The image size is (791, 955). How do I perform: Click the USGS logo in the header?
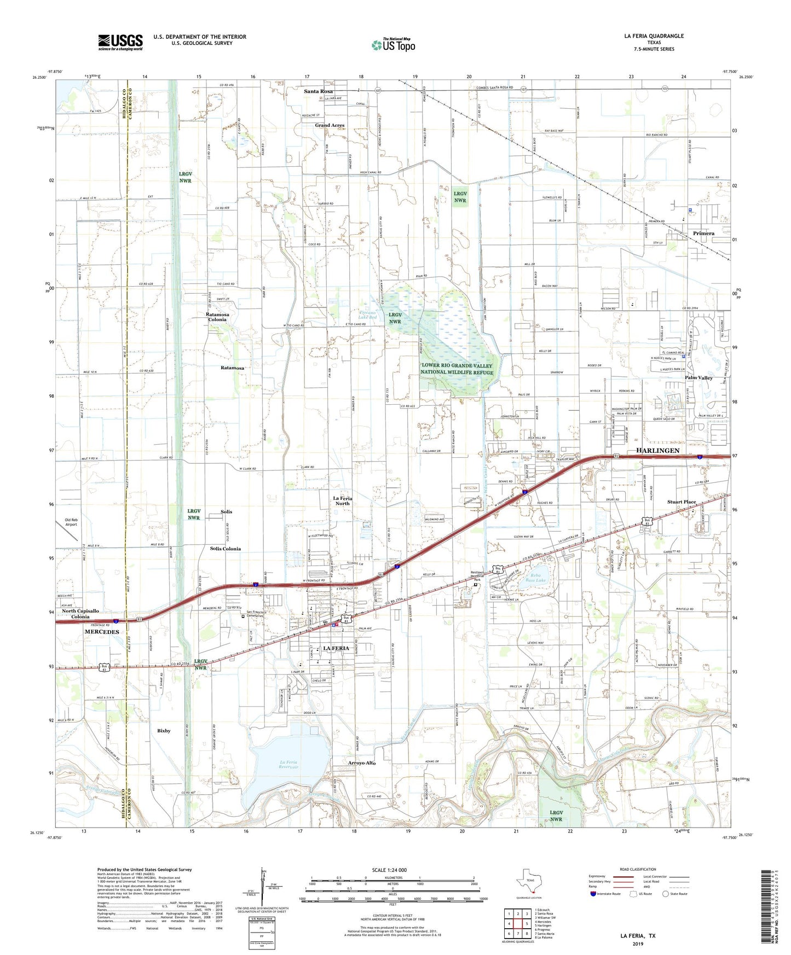pyautogui.click(x=120, y=42)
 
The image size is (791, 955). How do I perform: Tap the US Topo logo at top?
pyautogui.click(x=392, y=45)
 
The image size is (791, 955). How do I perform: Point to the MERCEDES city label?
pyautogui.click(x=102, y=632)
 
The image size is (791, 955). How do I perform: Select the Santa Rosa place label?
pyautogui.click(x=319, y=91)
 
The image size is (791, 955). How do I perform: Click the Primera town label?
pyautogui.click(x=703, y=233)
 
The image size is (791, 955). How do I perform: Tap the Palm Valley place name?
pyautogui.click(x=698, y=378)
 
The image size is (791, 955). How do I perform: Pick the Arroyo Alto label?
pyautogui.click(x=362, y=762)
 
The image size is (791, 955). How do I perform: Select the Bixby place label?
pyautogui.click(x=164, y=731)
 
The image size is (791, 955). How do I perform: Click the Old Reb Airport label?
pyautogui.click(x=71, y=522)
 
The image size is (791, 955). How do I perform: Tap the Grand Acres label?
pyautogui.click(x=330, y=125)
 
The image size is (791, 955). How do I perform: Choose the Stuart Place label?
pyautogui.click(x=682, y=502)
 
